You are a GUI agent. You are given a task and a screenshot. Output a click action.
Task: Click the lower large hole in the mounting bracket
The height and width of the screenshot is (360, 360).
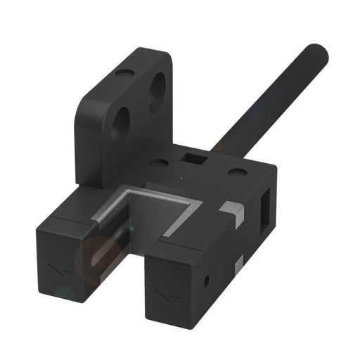(x=121, y=123)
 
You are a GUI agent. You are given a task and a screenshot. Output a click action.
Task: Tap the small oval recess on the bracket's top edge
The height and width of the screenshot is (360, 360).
(x=126, y=72)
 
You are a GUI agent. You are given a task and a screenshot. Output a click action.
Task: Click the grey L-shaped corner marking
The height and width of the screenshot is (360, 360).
(x=231, y=210)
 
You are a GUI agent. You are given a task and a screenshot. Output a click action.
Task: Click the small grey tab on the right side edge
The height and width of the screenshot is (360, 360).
(x=240, y=264)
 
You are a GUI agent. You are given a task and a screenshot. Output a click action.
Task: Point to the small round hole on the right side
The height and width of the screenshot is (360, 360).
(x=207, y=282)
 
